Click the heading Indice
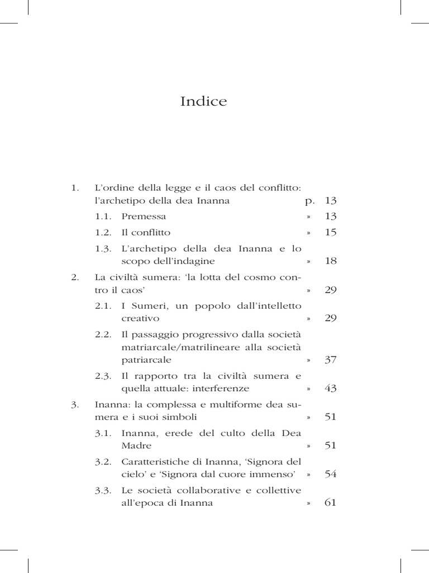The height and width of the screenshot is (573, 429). (x=204, y=102)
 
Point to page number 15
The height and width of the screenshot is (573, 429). (x=330, y=232)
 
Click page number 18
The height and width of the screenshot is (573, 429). (x=330, y=261)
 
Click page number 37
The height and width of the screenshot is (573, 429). (x=330, y=359)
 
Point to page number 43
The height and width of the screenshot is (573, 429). (x=330, y=388)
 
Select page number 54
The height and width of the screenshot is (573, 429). (x=330, y=474)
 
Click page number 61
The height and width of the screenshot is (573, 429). (x=330, y=502)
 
